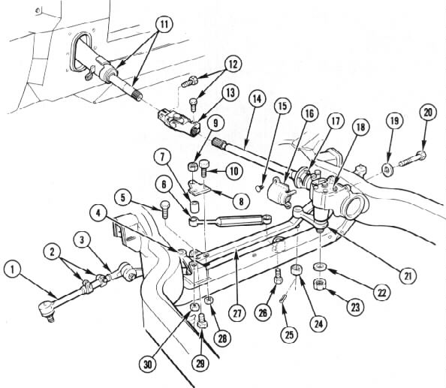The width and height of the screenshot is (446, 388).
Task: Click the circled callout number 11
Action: pyautogui.click(x=164, y=24)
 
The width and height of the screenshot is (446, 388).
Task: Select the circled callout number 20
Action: pyautogui.click(x=428, y=113)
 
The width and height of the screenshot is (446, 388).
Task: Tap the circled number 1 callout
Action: pyautogui.click(x=13, y=269)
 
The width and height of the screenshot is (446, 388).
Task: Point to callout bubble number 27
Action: pyautogui.click(x=237, y=313)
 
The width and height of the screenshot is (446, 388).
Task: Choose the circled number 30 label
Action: pyautogui.click(x=148, y=365)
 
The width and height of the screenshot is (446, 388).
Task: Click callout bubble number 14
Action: pyautogui.click(x=257, y=99)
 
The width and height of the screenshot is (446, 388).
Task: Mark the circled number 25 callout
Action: pyautogui.click(x=289, y=335)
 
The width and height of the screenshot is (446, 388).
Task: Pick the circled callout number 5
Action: pyautogui.click(x=123, y=198)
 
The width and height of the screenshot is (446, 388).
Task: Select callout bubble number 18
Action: pyautogui.click(x=360, y=127)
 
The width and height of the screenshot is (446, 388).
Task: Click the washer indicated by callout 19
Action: pyautogui.click(x=387, y=170)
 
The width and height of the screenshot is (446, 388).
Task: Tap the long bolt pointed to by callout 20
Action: pyautogui.click(x=412, y=159)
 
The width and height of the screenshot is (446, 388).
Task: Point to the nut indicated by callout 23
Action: pyautogui.click(x=319, y=284)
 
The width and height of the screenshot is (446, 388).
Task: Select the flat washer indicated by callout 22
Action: pyautogui.click(x=321, y=267)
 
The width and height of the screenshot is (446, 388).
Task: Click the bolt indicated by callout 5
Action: pyautogui.click(x=165, y=209)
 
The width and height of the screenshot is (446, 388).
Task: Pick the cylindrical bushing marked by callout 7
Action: pyautogui.click(x=194, y=206)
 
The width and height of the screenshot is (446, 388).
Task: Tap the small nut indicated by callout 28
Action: pyautogui.click(x=210, y=300)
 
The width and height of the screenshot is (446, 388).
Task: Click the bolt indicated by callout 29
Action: pyautogui.click(x=201, y=320)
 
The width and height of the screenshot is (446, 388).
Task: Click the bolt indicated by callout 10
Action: pyautogui.click(x=204, y=168)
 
